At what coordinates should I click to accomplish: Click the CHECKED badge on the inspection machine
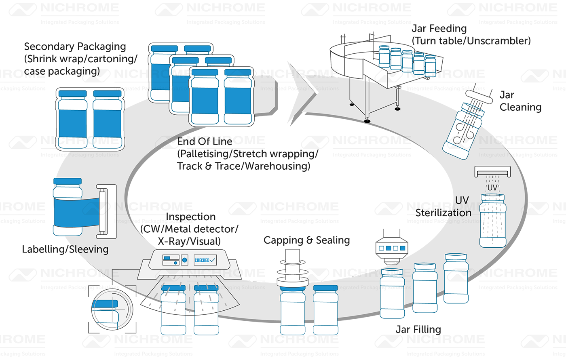tap(205, 260)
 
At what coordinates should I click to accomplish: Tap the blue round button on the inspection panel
tap(184, 260)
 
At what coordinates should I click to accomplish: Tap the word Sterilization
tap(444, 212)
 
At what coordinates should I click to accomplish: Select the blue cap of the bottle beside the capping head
tap(325, 288)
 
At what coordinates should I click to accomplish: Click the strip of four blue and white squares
tap(390, 248)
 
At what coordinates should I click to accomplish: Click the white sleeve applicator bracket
tap(106, 211)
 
